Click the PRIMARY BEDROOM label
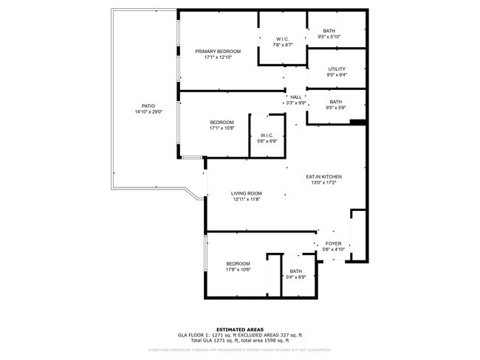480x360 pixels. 219,51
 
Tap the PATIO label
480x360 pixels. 148,105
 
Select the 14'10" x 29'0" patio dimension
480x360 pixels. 148,112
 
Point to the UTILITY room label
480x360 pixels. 337,69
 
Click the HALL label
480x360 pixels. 295,97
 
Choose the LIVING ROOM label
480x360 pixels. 247,193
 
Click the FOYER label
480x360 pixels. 333,243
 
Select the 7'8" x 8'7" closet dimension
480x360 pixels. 282,45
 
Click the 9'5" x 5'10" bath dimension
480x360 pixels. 329,37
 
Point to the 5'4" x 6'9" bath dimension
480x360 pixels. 295,277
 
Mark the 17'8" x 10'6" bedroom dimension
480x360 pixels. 238,270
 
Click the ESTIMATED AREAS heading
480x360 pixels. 240,329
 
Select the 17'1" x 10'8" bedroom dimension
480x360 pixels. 222,128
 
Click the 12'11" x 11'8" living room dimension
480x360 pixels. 247,199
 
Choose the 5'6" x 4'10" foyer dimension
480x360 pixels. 333,249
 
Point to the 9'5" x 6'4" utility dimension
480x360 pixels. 337,75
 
